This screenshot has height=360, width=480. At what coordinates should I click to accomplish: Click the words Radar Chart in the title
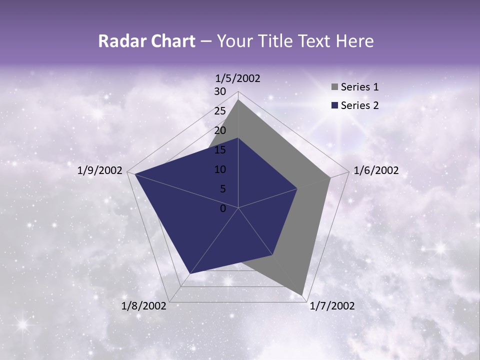pyautogui.click(x=146, y=41)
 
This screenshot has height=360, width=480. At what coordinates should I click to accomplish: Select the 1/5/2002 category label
pyautogui.click(x=238, y=78)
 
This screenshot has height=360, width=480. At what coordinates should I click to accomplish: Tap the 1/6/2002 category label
pyautogui.click(x=376, y=170)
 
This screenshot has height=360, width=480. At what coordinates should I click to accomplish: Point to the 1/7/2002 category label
pyautogui.click(x=332, y=306)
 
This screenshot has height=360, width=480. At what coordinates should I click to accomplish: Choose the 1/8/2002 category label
pyautogui.click(x=144, y=306)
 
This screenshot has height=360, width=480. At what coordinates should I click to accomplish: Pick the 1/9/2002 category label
pyautogui.click(x=100, y=170)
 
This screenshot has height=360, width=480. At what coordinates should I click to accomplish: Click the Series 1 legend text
pyautogui.click(x=359, y=87)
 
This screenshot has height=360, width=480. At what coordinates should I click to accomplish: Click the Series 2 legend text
pyautogui.click(x=359, y=105)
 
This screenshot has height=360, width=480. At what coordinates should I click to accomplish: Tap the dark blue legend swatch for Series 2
pyautogui.click(x=334, y=105)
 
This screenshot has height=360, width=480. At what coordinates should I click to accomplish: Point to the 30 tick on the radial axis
pyautogui.click(x=220, y=91)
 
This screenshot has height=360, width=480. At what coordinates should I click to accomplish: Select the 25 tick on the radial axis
pyautogui.click(x=220, y=111)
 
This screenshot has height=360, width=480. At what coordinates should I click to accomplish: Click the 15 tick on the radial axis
pyautogui.click(x=220, y=150)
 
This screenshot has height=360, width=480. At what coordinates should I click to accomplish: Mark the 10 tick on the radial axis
pyautogui.click(x=220, y=169)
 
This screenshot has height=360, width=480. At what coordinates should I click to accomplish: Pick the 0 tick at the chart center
pyautogui.click(x=223, y=208)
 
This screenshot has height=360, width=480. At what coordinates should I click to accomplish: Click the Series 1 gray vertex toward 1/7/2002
pyautogui.click(x=302, y=294)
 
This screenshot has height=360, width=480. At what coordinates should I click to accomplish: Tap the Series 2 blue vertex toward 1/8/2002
pyautogui.click(x=189, y=273)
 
